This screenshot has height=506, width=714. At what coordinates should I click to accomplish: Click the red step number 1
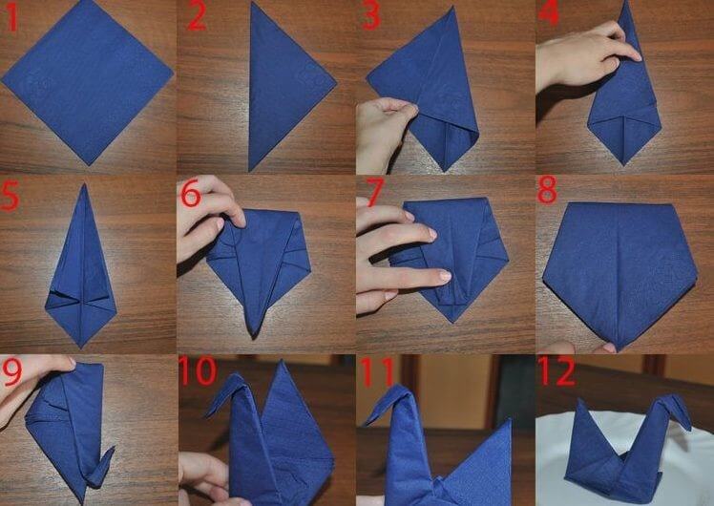click(x=11, y=17)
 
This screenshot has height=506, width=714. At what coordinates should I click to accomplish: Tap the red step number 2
click(x=197, y=17)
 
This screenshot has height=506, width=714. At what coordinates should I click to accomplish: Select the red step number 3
click(x=370, y=16)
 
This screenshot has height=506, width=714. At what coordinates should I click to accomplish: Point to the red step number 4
click(x=548, y=12)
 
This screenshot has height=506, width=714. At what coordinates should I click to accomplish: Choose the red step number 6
click(x=191, y=194)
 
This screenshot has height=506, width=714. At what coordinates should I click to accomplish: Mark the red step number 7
click(x=375, y=192)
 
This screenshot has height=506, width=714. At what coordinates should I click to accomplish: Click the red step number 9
click(x=11, y=371)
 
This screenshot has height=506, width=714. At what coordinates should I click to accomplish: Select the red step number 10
click(x=198, y=370)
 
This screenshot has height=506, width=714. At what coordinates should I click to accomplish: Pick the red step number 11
click(x=377, y=371)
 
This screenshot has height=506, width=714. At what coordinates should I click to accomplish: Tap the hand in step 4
click(x=585, y=57)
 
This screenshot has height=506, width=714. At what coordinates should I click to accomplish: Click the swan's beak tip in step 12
click(x=688, y=427)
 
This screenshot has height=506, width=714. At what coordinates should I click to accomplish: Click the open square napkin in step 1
click(x=88, y=81)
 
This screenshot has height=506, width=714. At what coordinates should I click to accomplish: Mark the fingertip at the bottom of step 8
click(x=607, y=348)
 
